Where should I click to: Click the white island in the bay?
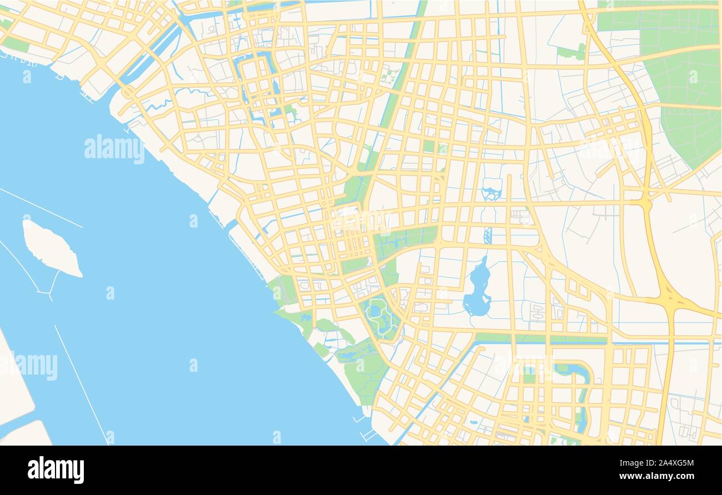[x=51, y=249]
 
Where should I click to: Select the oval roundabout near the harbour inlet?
[x=129, y=92]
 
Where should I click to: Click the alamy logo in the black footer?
[x=56, y=469]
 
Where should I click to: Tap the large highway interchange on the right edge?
[x=673, y=300]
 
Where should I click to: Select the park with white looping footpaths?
[x=379, y=318]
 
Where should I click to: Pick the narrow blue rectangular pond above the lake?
[x=488, y=235]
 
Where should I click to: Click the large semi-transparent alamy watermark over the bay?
[x=114, y=149]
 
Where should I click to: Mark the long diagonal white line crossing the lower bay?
[x=81, y=383]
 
